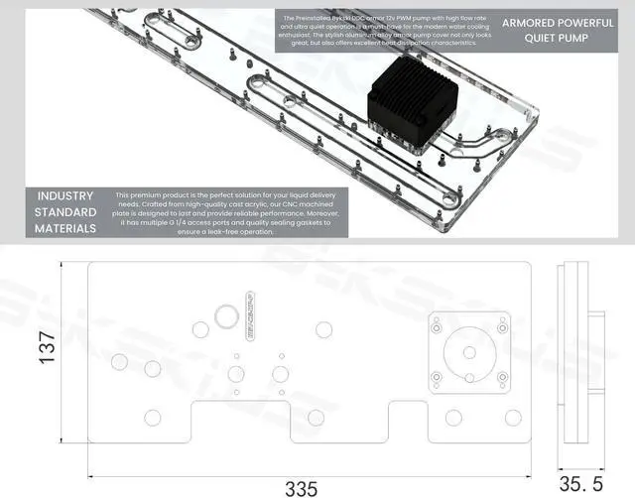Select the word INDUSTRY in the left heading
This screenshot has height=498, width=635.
(x=65, y=195)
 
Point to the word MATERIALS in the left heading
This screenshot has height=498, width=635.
(x=65, y=228)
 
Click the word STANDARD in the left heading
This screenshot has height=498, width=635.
(x=65, y=212)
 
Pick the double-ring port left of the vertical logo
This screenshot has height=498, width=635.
(x=224, y=315)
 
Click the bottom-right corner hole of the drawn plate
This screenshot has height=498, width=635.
(x=513, y=418)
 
